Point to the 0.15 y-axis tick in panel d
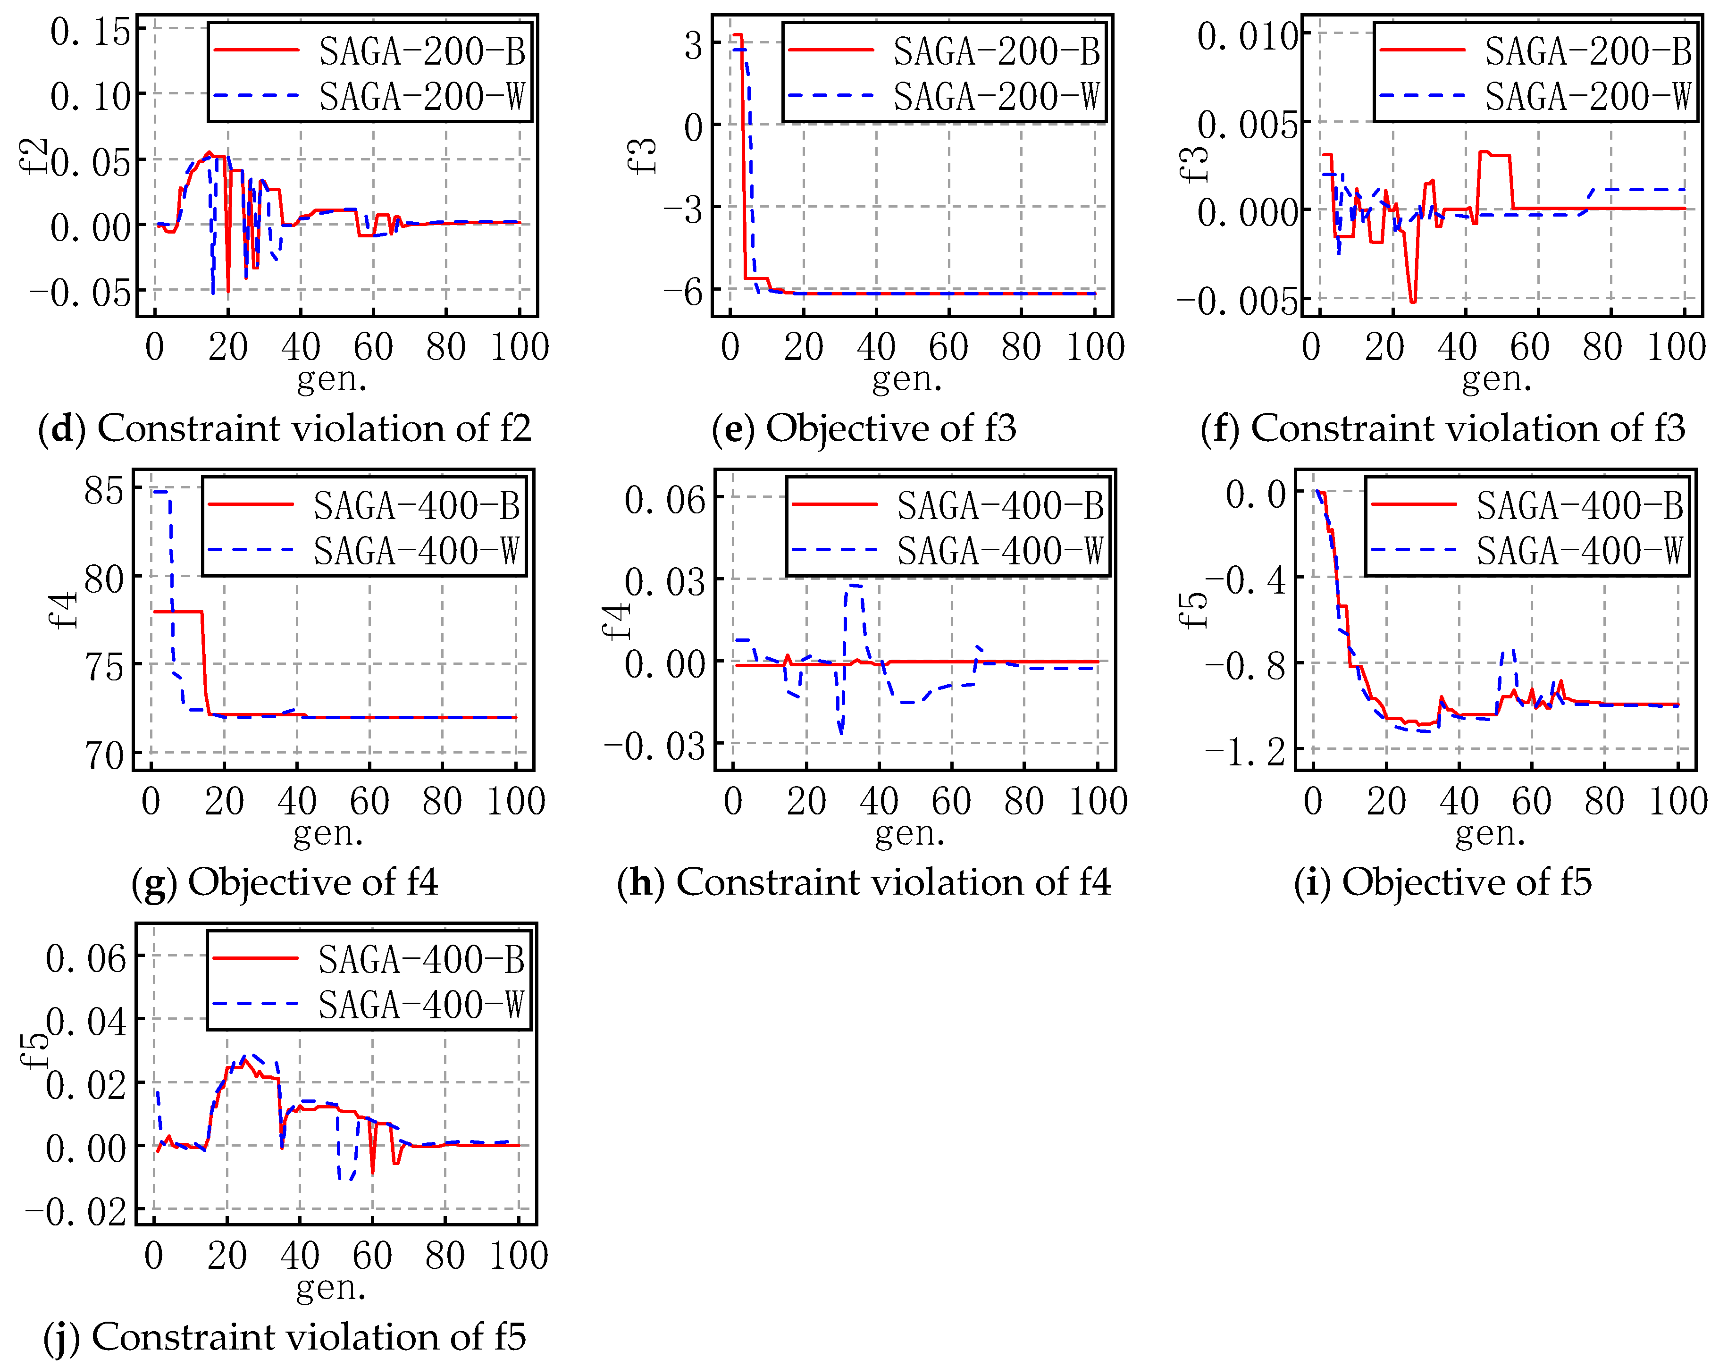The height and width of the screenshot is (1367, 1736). pyautogui.click(x=90, y=32)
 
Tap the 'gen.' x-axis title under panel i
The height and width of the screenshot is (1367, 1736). pyautogui.click(x=1490, y=834)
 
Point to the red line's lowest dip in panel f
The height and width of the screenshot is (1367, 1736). pyautogui.click(x=1413, y=301)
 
